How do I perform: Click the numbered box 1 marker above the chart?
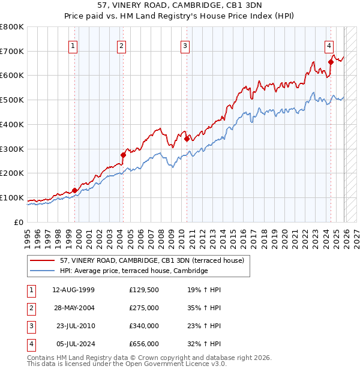pos(73,45)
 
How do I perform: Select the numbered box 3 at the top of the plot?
pos(185,45)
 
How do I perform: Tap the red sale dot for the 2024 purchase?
pos(331,61)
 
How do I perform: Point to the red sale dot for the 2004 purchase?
pos(123,155)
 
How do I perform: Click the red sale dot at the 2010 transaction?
pos(187,139)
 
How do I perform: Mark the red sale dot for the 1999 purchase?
pos(75,190)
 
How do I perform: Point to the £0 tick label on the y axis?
pos(19,222)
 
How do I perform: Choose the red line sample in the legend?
pos(43,261)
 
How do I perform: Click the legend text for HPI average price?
pos(133,271)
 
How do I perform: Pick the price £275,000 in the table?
pos(144,307)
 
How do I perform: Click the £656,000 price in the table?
pos(144,344)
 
